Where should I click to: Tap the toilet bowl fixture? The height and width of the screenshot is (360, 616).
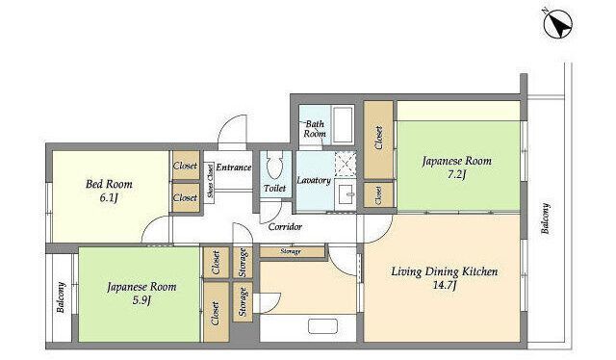click(274, 165)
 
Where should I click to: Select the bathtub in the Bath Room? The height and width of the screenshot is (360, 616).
click(344, 124)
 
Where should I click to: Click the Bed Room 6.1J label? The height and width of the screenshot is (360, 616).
click(109, 191)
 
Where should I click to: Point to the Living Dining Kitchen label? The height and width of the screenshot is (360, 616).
click(445, 277)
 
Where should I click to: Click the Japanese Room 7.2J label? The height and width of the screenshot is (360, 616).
click(457, 167)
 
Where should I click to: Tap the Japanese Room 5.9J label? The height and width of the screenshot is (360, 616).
click(141, 293)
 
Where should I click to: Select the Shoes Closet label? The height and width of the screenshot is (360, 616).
click(210, 186)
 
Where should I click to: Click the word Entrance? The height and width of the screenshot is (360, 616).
click(234, 167)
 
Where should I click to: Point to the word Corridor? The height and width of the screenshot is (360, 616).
click(285, 227)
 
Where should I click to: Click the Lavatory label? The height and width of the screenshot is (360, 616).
click(314, 180)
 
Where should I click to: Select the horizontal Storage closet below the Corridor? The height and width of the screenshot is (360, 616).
click(293, 251)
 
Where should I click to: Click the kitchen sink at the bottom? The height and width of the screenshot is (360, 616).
click(322, 326)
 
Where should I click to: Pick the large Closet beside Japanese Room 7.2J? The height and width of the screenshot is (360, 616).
click(378, 140)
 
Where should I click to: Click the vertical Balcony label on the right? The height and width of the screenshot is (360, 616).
click(546, 219)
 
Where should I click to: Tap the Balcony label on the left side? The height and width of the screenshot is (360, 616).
click(61, 297)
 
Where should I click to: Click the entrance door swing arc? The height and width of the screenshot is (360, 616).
click(232, 130)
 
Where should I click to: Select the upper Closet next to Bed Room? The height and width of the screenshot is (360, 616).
click(186, 166)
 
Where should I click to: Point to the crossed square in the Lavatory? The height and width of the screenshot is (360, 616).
click(346, 164)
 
